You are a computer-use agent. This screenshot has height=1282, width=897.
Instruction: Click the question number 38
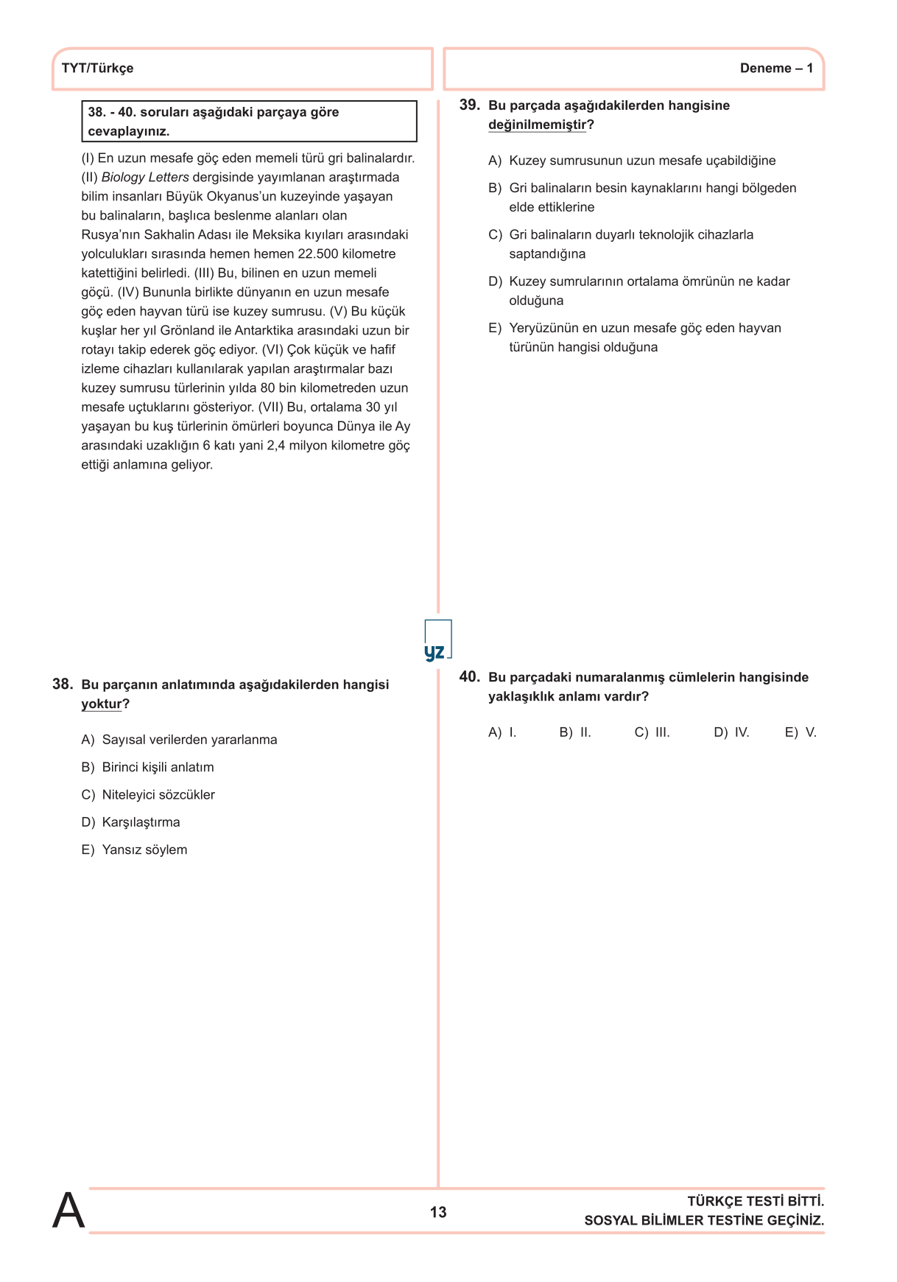tap(63, 684)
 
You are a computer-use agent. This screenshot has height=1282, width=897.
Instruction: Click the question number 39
tap(469, 105)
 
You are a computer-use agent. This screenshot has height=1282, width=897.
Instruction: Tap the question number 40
tap(469, 677)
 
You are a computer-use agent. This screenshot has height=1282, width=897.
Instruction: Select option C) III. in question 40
tap(652, 732)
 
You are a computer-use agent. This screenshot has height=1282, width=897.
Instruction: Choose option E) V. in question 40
tap(801, 732)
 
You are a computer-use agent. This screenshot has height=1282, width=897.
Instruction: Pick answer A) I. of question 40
tap(503, 732)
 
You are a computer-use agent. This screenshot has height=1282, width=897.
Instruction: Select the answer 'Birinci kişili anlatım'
tap(158, 767)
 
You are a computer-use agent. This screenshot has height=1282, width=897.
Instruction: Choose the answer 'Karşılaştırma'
tap(141, 822)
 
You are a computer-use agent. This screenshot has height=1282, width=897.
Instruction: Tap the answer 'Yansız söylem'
tap(144, 850)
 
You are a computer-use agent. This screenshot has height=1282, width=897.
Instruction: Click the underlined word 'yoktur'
tap(102, 704)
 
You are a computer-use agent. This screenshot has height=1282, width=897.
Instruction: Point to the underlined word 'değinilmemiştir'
tap(537, 125)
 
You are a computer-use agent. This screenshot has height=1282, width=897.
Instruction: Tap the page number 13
tap(438, 1212)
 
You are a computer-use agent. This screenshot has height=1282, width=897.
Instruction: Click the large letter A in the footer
tap(68, 1211)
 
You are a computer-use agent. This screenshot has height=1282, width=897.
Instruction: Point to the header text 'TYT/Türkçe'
tap(98, 69)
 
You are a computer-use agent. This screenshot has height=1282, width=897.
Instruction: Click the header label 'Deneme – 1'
tap(776, 69)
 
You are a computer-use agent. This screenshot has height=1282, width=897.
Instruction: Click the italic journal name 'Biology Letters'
tap(145, 178)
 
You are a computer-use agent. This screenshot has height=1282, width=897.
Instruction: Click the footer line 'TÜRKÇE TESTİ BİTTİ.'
tap(756, 1202)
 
